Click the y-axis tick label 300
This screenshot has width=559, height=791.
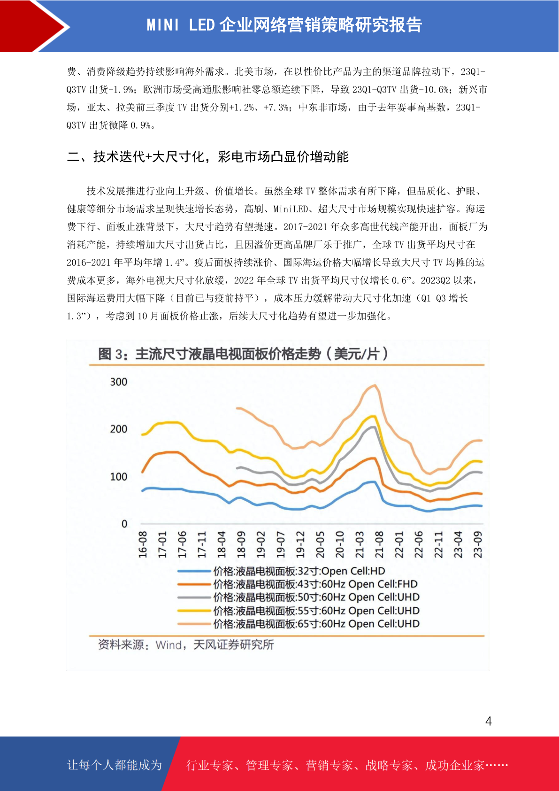[x=119, y=382]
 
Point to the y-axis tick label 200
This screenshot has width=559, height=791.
[x=119, y=429]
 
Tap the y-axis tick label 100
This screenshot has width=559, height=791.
[x=119, y=477]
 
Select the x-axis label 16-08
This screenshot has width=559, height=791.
[x=143, y=544]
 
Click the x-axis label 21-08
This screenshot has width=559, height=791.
[x=379, y=544]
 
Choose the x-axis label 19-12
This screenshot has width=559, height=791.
[x=300, y=544]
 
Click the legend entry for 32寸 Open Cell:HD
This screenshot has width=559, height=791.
[x=281, y=571]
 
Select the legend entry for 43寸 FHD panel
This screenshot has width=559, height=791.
[x=298, y=584]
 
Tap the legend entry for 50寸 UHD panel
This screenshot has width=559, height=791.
[x=299, y=597]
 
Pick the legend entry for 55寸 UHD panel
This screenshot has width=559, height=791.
[x=299, y=611]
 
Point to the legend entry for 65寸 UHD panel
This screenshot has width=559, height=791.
[x=299, y=624]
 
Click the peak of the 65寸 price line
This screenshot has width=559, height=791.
[x=375, y=385]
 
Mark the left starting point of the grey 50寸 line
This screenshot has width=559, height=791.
[x=237, y=468]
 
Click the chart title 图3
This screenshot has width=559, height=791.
[x=243, y=354]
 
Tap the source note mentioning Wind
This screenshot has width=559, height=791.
[x=186, y=645]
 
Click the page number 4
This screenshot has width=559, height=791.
[x=489, y=721]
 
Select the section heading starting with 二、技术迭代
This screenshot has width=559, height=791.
[x=208, y=156]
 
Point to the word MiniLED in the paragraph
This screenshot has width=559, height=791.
[x=291, y=209]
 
